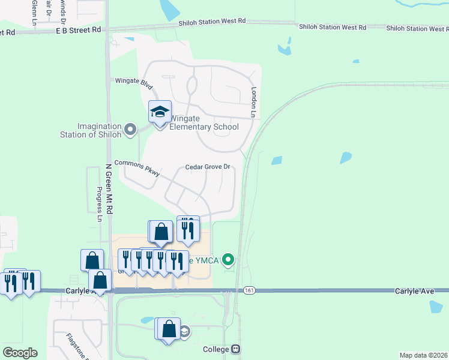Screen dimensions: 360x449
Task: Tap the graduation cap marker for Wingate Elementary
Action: point(160,112)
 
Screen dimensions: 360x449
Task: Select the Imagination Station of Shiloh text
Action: point(99,130)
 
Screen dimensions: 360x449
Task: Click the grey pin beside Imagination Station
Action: point(130,129)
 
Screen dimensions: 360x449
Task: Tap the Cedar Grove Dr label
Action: point(208,167)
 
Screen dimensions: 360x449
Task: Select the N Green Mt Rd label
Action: point(109,189)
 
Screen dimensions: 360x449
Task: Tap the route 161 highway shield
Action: point(249,290)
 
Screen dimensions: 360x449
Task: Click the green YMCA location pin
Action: point(228,260)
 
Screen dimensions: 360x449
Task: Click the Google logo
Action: point(20,353)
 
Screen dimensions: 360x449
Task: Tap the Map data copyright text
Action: point(423,355)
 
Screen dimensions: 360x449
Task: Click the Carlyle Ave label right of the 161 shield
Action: point(414,290)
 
